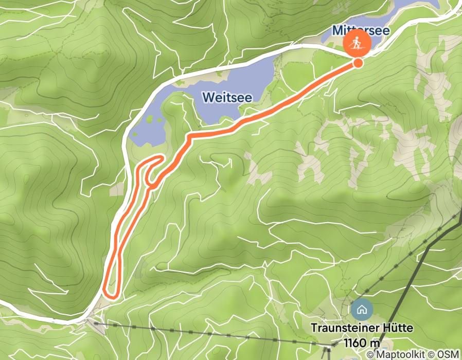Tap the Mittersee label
pyautogui.click(x=361, y=30)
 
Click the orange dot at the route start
pyautogui.click(x=358, y=63)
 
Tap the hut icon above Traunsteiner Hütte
pyautogui.click(x=361, y=310)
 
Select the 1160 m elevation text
pyautogui.click(x=362, y=342)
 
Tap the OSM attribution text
pyautogui.click(x=448, y=355)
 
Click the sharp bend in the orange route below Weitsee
pyautogui.click(x=189, y=136)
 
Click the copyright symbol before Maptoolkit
pyautogui.click(x=370, y=355)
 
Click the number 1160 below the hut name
pyautogui.click(x=356, y=342)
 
